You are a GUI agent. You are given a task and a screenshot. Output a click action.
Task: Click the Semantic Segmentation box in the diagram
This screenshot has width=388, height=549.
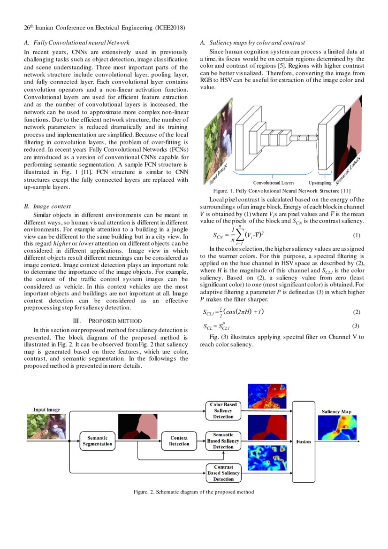click(x=98, y=441)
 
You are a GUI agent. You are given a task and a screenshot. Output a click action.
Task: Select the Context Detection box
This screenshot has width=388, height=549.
click(x=179, y=441)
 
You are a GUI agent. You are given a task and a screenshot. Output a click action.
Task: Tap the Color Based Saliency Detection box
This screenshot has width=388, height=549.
click(x=223, y=410)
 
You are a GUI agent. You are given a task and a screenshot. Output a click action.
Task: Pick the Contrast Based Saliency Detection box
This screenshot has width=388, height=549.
click(x=223, y=473)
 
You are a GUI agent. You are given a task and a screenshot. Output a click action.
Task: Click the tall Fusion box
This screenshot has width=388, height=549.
click(x=304, y=441)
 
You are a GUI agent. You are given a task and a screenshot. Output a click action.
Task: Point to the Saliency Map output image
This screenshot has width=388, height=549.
click(x=336, y=432)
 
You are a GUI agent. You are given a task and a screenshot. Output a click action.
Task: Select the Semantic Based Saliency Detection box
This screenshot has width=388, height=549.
click(x=223, y=441)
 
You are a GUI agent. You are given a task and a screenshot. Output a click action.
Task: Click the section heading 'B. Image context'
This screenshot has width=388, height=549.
click(x=47, y=206)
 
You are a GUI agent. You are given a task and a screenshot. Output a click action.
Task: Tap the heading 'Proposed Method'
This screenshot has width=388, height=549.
click(x=108, y=321)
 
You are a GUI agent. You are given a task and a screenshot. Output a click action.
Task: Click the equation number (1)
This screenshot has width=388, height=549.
click(x=357, y=235)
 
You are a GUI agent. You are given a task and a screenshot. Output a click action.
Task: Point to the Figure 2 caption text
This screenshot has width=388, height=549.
click(x=194, y=492)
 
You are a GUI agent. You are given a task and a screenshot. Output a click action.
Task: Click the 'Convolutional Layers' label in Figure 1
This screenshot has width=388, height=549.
click(x=274, y=183)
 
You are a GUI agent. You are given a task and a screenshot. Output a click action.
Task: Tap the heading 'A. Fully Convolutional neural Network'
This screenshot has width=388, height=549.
click(x=76, y=43)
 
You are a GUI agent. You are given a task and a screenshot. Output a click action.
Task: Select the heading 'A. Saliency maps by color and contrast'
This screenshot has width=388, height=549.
click(x=252, y=43)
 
